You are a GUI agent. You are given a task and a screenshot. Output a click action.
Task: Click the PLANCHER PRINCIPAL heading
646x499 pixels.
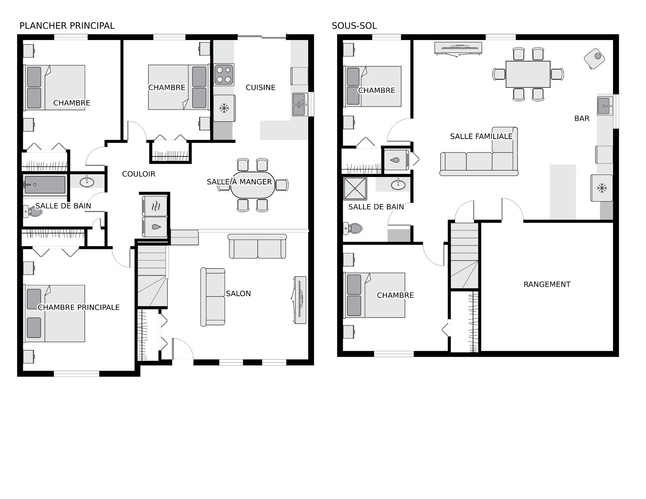coord(67,26)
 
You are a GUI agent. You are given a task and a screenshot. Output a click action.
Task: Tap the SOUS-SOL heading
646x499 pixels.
coord(354,26)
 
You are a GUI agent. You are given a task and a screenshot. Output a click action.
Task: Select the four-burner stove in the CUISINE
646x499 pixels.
coord(224,75)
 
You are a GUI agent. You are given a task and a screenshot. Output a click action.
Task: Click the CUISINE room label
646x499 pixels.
coord(260,87)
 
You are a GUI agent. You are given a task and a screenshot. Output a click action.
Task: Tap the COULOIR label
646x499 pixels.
coord(139,174)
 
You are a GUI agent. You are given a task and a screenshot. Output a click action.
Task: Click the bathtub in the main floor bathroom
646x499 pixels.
coord(44,185)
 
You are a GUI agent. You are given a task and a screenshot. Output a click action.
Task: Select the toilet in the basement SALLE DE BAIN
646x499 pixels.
coord(352,228)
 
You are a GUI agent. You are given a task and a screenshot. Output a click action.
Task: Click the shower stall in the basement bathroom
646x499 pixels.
coord(355,189)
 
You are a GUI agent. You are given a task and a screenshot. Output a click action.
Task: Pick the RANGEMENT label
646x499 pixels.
coord(547,284)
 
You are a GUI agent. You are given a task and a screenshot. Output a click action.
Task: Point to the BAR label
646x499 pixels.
coord(582,118)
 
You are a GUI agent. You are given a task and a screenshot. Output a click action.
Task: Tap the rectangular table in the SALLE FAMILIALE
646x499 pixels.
coord(528,74)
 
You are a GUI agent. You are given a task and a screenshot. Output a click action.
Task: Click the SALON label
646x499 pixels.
coord(238,293)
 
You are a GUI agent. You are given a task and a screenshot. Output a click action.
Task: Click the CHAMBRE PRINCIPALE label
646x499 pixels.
coord(79,307)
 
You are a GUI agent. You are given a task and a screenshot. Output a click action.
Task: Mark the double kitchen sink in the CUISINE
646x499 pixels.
coord(300,105)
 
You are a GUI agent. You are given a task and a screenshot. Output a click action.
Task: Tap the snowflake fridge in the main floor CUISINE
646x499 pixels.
coord(224,108)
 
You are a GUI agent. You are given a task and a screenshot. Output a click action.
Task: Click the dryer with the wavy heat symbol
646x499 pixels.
coord(155,206)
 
